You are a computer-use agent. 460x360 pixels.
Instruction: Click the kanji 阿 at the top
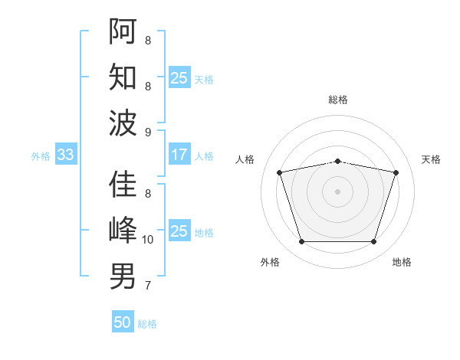click(x=123, y=31)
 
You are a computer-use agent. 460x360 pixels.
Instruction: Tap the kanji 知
click(x=123, y=77)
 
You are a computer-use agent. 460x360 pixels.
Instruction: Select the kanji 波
click(x=123, y=123)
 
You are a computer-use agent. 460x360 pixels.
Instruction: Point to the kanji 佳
click(x=123, y=185)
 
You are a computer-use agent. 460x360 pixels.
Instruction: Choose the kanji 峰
click(x=123, y=230)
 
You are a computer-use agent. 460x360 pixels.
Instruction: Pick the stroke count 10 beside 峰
click(x=148, y=240)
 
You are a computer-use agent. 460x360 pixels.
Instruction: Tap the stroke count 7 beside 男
click(x=148, y=286)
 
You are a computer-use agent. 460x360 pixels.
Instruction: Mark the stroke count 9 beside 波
click(x=148, y=133)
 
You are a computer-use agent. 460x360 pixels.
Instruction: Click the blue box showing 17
click(x=179, y=155)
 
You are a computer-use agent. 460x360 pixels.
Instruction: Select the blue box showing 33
click(x=65, y=155)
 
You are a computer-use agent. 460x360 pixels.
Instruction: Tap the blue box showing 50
click(x=123, y=322)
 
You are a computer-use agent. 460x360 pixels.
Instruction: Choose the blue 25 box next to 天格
click(x=179, y=77)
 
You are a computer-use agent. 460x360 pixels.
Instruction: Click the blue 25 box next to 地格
click(x=179, y=231)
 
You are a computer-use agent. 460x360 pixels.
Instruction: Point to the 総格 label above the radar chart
click(x=338, y=100)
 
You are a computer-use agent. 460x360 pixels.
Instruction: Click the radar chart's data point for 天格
click(x=396, y=173)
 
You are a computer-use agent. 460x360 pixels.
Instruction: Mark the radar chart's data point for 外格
click(x=301, y=242)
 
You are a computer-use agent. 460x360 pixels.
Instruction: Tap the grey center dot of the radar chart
click(x=338, y=191)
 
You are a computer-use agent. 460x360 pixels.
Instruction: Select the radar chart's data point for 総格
click(x=338, y=161)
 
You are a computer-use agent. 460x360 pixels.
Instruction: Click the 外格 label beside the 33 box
click(x=41, y=155)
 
